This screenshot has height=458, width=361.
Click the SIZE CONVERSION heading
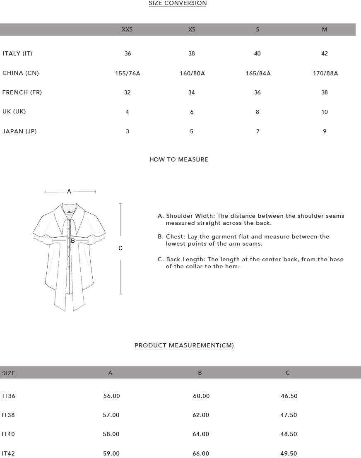(x=178, y=3)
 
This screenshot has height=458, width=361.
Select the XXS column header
(x=127, y=29)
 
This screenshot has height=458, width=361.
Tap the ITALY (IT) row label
(x=17, y=53)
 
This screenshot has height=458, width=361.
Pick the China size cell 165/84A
(x=258, y=73)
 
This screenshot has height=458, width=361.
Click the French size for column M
(x=325, y=92)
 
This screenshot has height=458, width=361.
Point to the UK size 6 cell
(x=192, y=112)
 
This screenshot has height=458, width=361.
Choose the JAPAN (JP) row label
(x=19, y=131)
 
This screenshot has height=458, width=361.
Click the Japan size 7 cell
(x=258, y=131)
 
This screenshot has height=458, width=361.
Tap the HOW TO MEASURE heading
(x=178, y=159)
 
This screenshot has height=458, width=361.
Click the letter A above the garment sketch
(x=69, y=191)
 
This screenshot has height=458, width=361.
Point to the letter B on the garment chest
(x=73, y=241)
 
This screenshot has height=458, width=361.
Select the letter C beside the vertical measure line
(x=120, y=248)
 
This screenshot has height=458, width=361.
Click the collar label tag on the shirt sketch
(x=70, y=212)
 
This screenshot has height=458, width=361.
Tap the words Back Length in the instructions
(x=185, y=260)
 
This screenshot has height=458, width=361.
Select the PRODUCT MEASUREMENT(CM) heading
(x=184, y=345)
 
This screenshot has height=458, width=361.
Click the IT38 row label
(x=9, y=415)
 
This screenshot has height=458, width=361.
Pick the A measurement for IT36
(x=111, y=396)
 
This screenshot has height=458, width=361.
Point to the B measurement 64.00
(x=201, y=434)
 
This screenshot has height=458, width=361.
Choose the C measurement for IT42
(x=289, y=453)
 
